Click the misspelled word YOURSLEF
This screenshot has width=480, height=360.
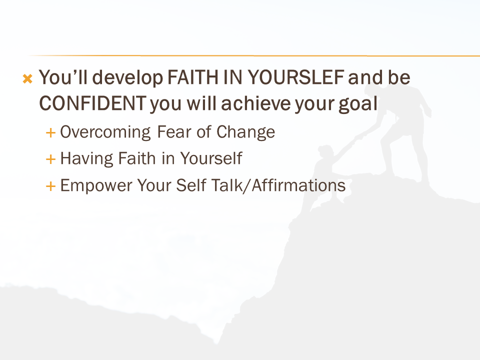(x=295, y=77)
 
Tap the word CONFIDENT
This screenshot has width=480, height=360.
(x=92, y=103)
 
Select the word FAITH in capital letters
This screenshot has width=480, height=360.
(x=193, y=77)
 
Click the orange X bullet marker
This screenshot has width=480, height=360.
(x=27, y=78)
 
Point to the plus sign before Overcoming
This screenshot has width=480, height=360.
(x=50, y=133)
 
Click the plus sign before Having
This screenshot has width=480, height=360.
(x=50, y=159)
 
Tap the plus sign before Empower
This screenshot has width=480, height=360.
(x=50, y=186)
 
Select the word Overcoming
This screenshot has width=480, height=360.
(x=105, y=132)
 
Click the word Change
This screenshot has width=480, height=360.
(x=246, y=132)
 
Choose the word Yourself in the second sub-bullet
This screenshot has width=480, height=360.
(x=211, y=158)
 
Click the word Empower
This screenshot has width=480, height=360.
(x=96, y=185)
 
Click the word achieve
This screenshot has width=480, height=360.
(x=256, y=103)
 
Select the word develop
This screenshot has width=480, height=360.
(x=127, y=78)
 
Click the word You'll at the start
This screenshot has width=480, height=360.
(x=63, y=77)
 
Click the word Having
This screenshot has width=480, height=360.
(x=86, y=159)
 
